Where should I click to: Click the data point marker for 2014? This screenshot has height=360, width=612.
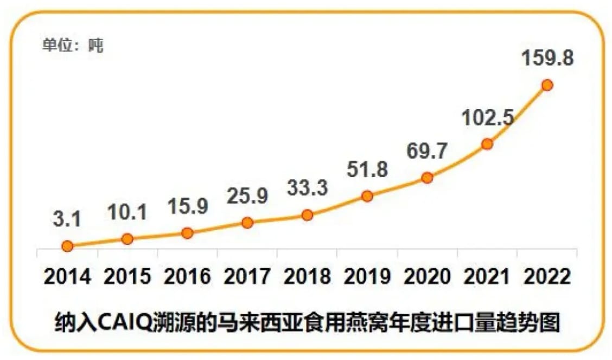(67, 246)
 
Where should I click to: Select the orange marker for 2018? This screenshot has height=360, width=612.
(307, 215)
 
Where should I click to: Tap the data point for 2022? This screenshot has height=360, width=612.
(547, 85)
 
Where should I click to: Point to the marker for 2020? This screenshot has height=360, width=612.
(427, 178)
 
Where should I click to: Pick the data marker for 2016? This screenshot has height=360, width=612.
(187, 233)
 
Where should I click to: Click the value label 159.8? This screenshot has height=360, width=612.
(547, 58)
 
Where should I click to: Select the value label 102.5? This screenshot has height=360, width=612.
(487, 117)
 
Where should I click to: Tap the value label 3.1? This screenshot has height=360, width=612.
(67, 220)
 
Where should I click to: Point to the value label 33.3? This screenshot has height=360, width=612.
(307, 189)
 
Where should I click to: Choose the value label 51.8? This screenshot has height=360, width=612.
(367, 170)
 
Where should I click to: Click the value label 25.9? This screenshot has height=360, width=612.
(247, 195)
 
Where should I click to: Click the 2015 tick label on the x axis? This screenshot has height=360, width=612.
(127, 277)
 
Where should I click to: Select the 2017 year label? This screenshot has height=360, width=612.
(247, 277)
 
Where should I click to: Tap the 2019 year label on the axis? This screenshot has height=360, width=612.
(367, 277)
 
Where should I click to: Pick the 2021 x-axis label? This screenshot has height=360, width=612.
(487, 277)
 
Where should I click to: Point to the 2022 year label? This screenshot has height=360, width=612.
(547, 277)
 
